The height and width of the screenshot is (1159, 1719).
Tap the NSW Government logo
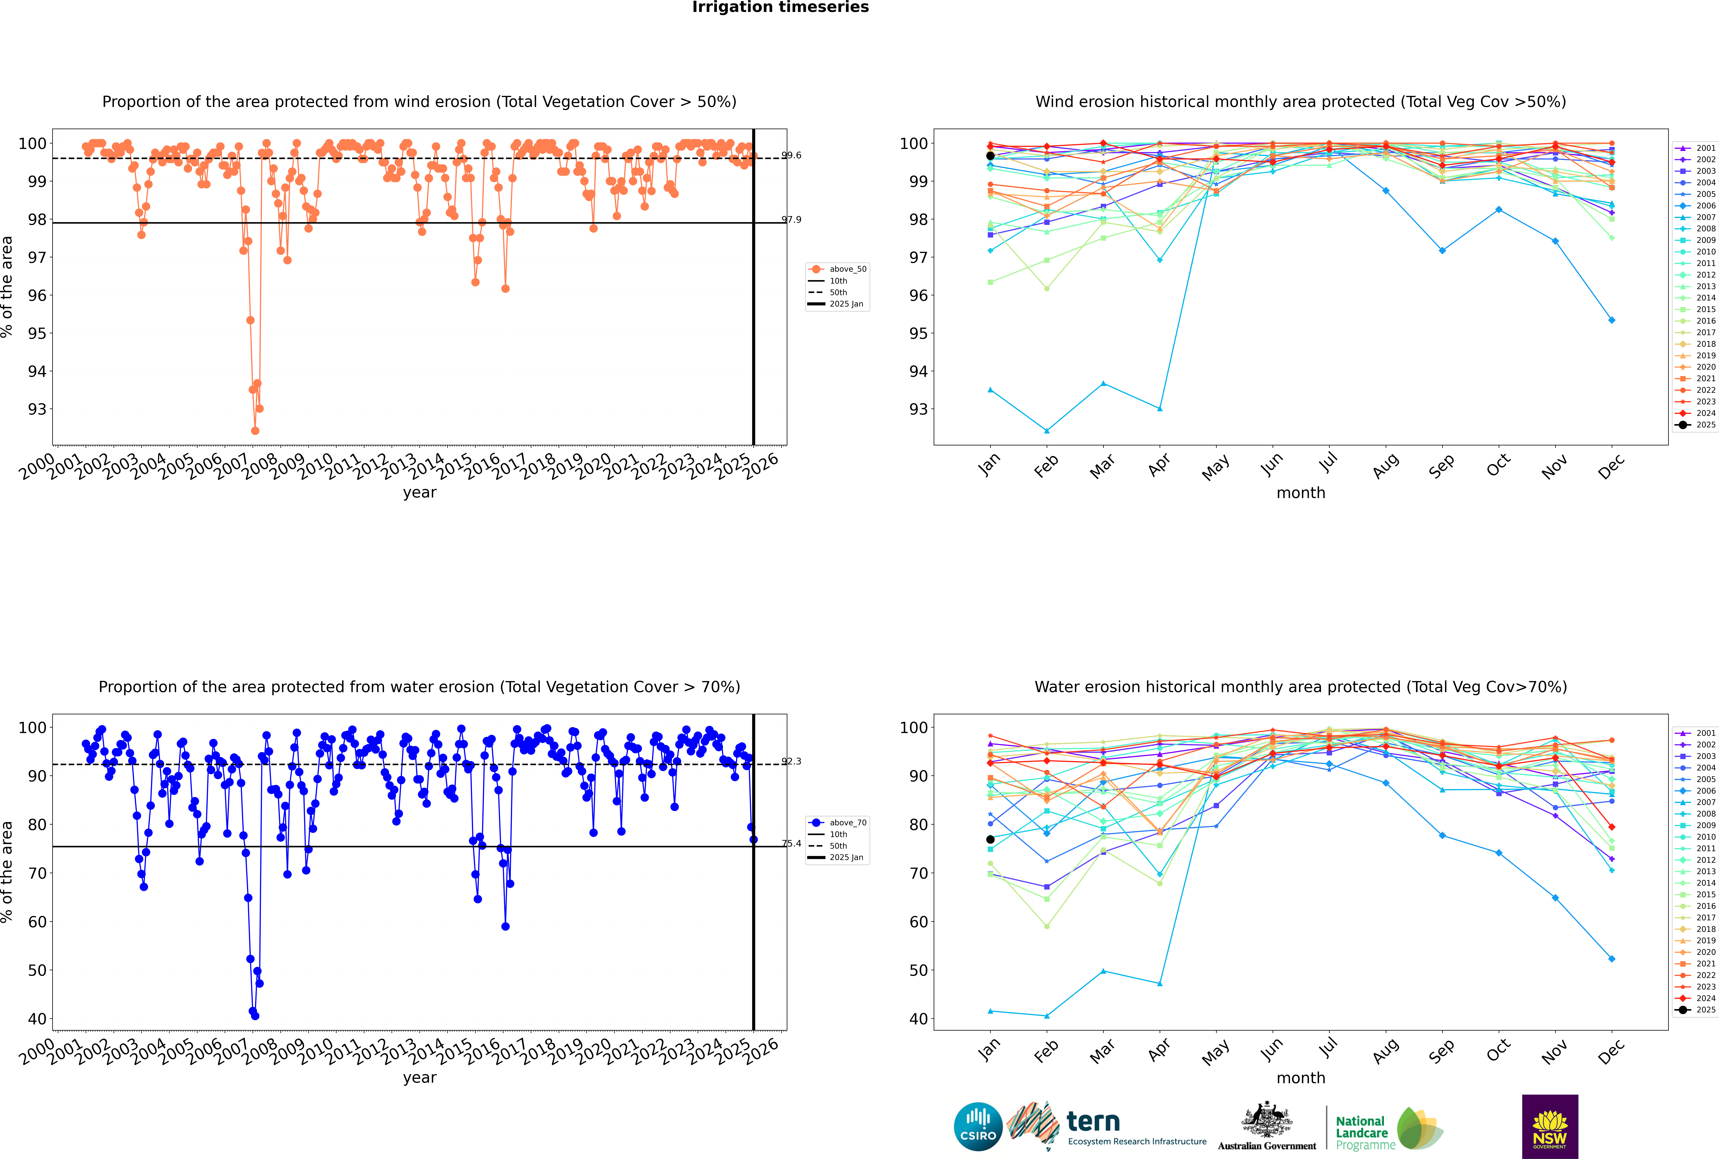pos(1550,1127)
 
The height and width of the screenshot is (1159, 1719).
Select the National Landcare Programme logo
pos(1389,1129)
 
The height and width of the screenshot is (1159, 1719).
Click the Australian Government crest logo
pos(1267,1127)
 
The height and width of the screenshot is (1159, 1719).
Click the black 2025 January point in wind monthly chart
pos(990,156)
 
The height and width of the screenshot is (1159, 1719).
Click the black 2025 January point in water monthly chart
pos(990,840)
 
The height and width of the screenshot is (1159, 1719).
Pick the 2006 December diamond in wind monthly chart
pos(1612,320)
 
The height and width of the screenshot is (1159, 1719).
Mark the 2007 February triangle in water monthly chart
pos(1046,1016)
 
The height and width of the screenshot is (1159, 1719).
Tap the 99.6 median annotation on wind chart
pos(792,155)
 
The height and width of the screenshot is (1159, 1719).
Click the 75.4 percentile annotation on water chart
pos(792,843)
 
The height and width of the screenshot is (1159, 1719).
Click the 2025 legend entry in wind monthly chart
pos(1696,425)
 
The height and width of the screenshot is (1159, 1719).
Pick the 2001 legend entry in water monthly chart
pos(1696,733)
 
